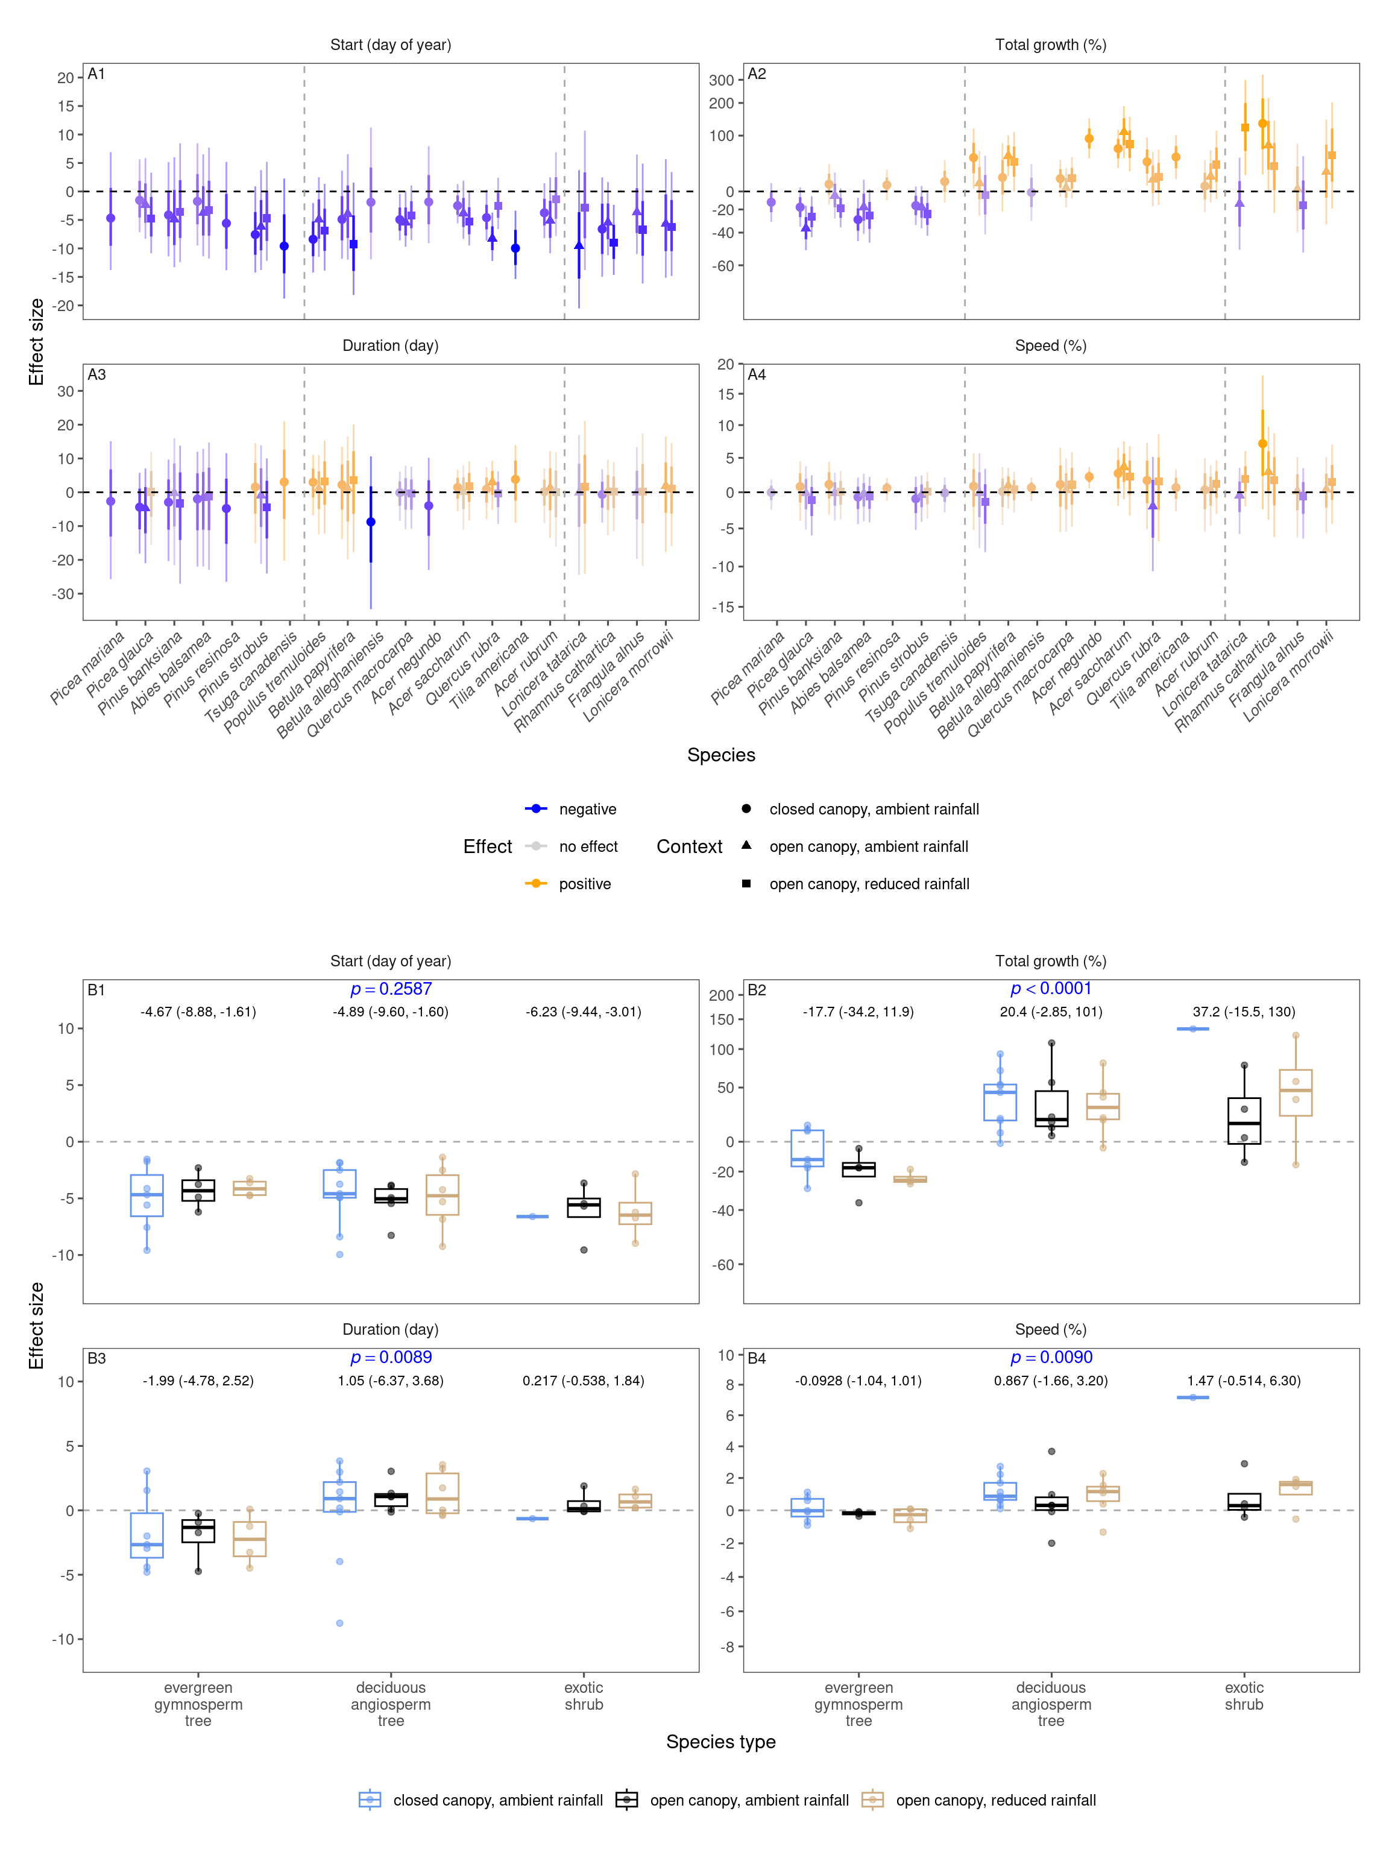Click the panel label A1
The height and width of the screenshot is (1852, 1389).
point(96,75)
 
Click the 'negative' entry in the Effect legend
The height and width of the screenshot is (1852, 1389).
point(587,809)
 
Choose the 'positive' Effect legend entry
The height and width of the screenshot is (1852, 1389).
point(584,884)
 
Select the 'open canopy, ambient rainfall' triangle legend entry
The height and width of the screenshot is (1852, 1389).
point(868,846)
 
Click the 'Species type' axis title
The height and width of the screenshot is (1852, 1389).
point(721,1742)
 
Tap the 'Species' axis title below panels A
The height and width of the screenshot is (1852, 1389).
point(721,755)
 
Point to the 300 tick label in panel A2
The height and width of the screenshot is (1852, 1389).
point(721,80)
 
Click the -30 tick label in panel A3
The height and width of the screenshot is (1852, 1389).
point(65,594)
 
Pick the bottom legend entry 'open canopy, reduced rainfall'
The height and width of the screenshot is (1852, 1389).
point(995,1800)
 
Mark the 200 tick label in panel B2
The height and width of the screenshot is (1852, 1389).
point(721,995)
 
